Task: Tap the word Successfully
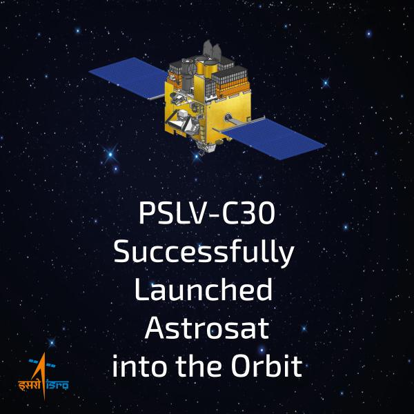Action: [204, 253]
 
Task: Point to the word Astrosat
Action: [206, 328]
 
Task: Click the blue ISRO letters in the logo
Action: [56, 385]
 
